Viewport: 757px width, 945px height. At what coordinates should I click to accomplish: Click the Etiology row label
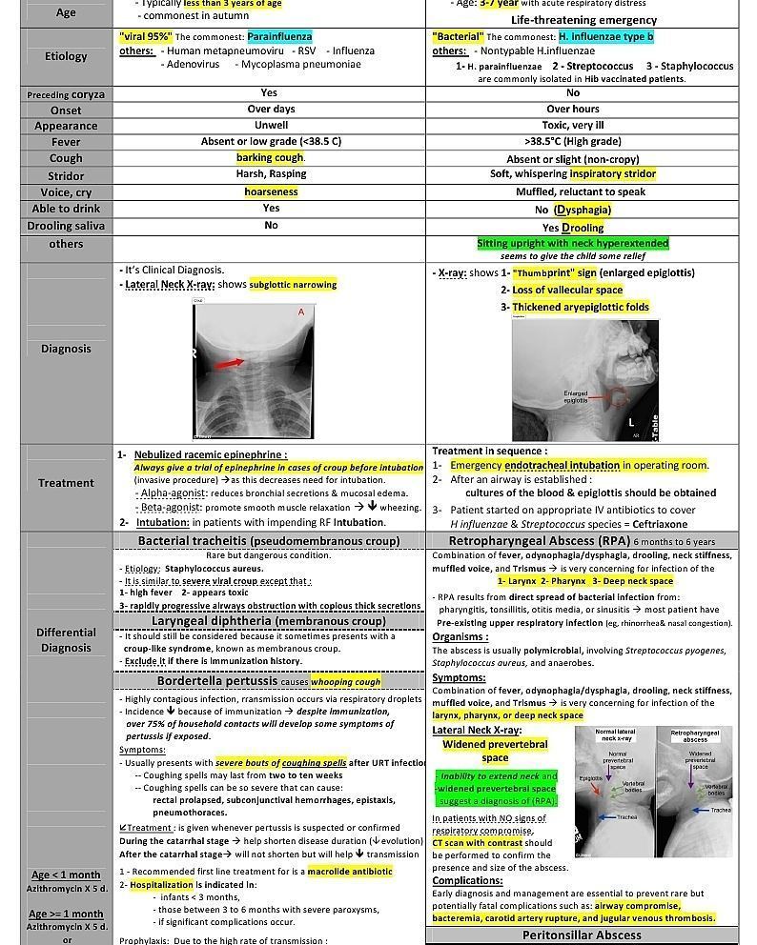[66, 56]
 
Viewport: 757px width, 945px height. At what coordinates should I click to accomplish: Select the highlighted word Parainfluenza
[279, 36]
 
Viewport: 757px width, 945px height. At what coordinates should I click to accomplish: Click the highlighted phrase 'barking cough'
[270, 157]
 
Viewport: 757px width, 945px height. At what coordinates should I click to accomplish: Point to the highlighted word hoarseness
[271, 191]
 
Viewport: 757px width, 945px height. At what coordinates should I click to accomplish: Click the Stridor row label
[66, 176]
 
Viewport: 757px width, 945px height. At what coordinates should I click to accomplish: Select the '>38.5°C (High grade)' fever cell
[572, 141]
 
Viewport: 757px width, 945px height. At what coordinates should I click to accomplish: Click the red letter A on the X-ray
[301, 312]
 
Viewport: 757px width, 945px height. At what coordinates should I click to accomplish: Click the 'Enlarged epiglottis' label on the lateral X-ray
[576, 396]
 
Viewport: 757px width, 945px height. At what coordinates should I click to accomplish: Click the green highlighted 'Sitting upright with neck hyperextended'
[573, 244]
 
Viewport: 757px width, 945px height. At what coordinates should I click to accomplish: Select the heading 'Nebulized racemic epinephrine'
[210, 454]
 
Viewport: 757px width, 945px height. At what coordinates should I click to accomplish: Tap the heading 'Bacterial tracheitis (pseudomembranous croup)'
[269, 540]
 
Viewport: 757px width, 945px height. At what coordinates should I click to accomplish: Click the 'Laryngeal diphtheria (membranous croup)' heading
[269, 621]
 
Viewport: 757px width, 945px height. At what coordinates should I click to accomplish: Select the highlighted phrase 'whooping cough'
[344, 681]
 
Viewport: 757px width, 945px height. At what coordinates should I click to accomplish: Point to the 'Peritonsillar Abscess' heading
[582, 935]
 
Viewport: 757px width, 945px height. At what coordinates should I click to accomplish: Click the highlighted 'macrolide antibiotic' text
[349, 872]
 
